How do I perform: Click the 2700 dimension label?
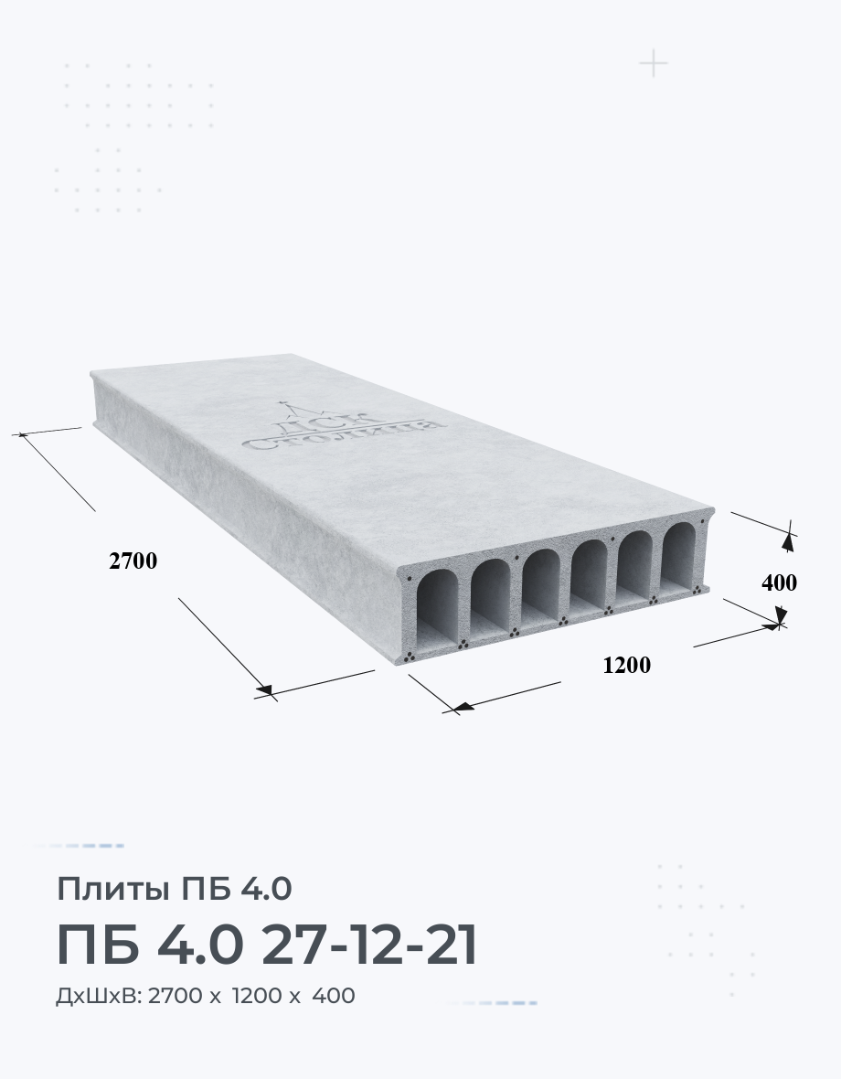(133, 561)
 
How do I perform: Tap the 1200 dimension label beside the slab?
(626, 665)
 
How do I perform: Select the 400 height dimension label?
(779, 582)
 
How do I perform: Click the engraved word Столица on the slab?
(342, 433)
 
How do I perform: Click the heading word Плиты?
(112, 889)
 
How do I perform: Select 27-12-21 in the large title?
(370, 945)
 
